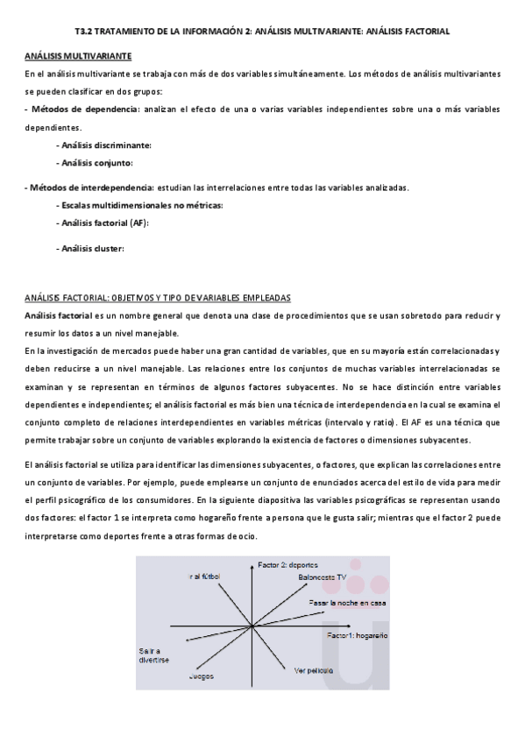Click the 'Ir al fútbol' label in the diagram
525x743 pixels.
[x=203, y=577]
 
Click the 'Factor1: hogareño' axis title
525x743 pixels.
[x=357, y=633]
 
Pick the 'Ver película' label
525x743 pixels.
[x=314, y=671]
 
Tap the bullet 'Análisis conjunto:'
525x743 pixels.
[x=96, y=163]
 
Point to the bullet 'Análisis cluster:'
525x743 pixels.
[x=92, y=248]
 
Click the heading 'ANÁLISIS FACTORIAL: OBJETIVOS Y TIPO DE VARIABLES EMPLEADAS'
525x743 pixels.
[x=158, y=297]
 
